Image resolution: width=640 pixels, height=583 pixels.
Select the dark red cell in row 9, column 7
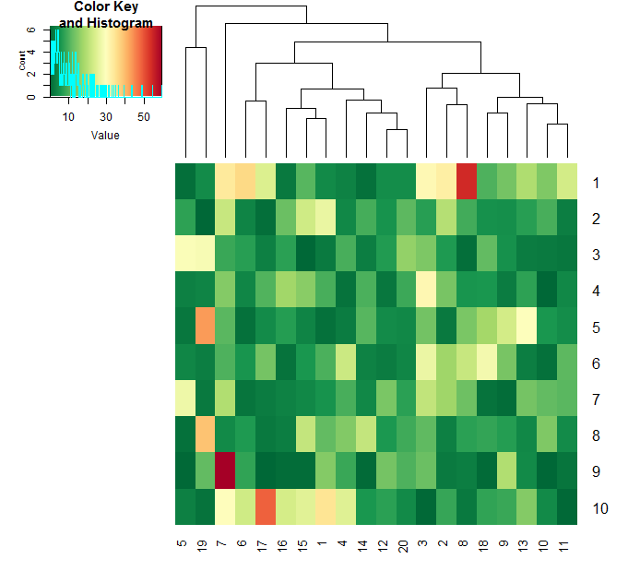pyautogui.click(x=225, y=470)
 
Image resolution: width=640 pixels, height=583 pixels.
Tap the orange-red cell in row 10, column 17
pyautogui.click(x=266, y=506)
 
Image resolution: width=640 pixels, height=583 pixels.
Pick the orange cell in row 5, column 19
pyautogui.click(x=205, y=326)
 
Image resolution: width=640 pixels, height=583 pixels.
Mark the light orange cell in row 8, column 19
pyautogui.click(x=205, y=434)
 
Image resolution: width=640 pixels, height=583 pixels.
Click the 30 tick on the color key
pyautogui.click(x=106, y=116)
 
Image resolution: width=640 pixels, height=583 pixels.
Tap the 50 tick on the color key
pyautogui.click(x=144, y=116)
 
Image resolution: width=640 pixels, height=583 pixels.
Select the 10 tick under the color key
pyautogui.click(x=68, y=116)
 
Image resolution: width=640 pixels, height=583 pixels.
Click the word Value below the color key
pyautogui.click(x=105, y=136)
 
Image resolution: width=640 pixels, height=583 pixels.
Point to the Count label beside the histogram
pyautogui.click(x=22, y=62)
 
